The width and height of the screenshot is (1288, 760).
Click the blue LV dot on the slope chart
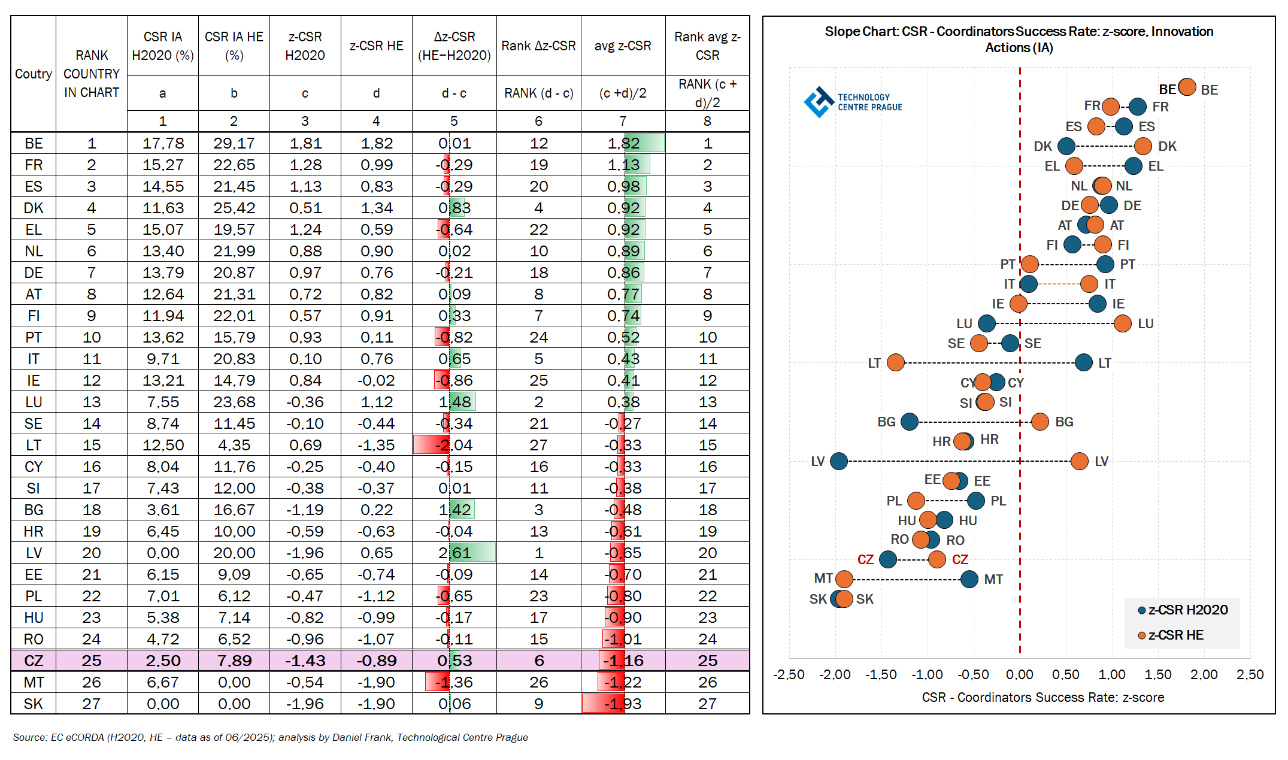(x=839, y=461)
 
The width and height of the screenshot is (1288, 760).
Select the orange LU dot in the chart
(x=1123, y=323)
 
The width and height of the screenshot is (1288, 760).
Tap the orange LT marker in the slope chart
(x=895, y=362)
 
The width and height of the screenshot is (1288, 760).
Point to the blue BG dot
(x=910, y=422)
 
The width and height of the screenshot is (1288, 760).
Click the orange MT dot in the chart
(x=844, y=579)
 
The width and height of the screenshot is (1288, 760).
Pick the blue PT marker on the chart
(x=1105, y=264)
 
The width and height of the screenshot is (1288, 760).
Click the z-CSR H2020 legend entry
(x=1183, y=610)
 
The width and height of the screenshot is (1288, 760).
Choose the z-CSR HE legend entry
(x=1171, y=635)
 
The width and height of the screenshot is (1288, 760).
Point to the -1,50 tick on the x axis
(x=881, y=675)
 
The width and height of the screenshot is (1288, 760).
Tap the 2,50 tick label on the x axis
(x=1250, y=675)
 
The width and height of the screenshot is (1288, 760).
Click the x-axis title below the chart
(x=1042, y=698)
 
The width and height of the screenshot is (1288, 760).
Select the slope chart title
(x=1019, y=40)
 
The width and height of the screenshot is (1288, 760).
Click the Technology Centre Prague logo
(x=853, y=102)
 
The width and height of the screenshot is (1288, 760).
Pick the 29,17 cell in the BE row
(x=234, y=144)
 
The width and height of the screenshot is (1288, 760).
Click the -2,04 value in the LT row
(x=454, y=446)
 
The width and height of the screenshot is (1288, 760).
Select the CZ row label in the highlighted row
(x=34, y=661)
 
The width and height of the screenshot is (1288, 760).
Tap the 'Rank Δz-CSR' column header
(x=538, y=46)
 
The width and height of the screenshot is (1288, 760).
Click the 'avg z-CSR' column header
(x=623, y=46)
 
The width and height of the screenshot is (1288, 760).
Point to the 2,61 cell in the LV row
(x=454, y=553)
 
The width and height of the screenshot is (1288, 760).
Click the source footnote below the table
(x=270, y=738)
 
